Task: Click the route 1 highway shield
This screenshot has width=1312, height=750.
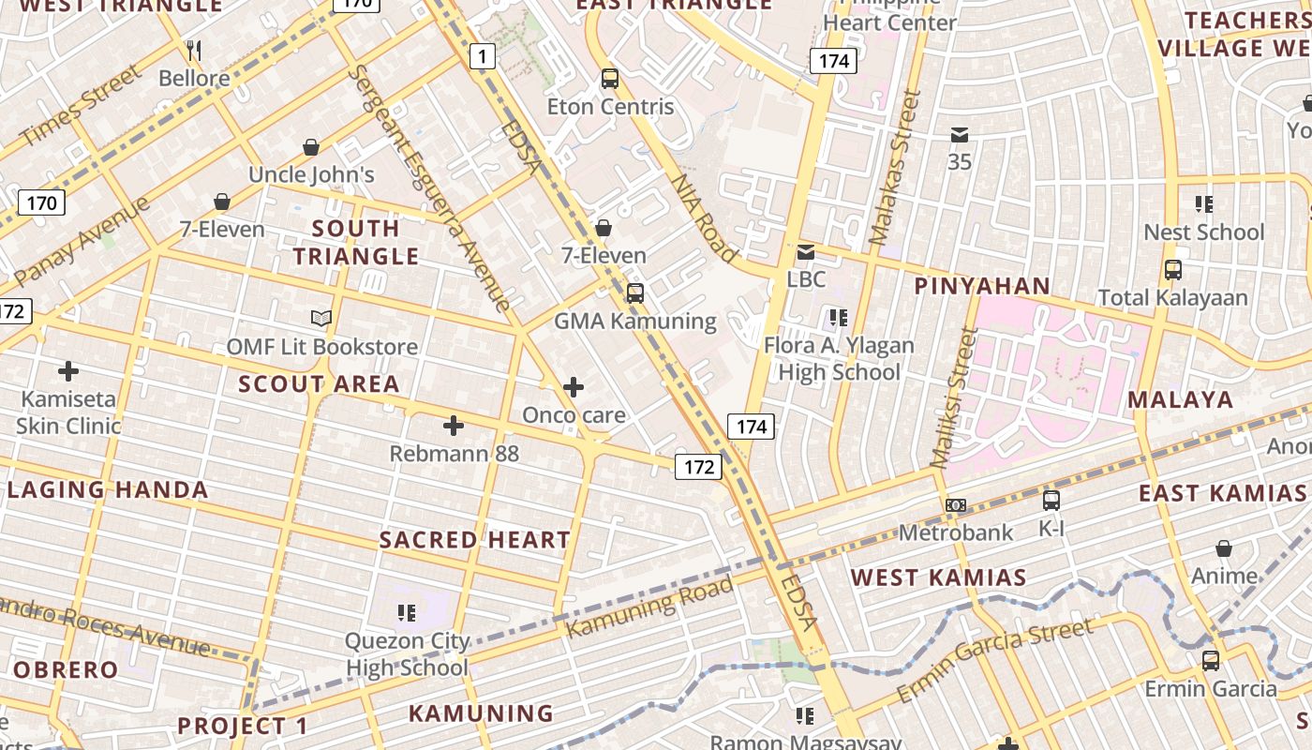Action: [x=482, y=57]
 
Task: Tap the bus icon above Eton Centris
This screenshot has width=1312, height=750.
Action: [x=610, y=79]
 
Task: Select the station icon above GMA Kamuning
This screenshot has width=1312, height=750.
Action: [x=634, y=292]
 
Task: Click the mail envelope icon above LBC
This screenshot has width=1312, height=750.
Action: [x=805, y=252]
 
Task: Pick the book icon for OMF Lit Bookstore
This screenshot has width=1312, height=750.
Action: [x=321, y=319]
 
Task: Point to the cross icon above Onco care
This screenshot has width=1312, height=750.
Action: [x=574, y=386]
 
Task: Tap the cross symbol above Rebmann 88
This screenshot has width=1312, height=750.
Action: [x=454, y=427]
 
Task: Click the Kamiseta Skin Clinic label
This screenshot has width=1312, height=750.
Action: [x=68, y=412]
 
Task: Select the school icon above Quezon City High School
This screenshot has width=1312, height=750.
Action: [x=406, y=613]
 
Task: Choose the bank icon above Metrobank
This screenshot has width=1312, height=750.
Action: [x=955, y=505]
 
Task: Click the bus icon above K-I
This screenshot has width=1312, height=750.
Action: [x=1051, y=501]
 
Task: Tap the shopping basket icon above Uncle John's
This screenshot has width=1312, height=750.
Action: [x=311, y=147]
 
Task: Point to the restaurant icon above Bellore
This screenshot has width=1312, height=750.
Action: [x=194, y=50]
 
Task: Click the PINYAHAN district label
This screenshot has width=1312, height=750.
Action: [x=982, y=286]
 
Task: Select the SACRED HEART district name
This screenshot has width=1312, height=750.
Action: [x=475, y=540]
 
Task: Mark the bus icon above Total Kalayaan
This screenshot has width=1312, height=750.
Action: [x=1172, y=270]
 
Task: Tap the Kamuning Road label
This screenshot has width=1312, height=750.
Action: [x=650, y=607]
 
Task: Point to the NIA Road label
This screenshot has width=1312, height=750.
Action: [x=704, y=217]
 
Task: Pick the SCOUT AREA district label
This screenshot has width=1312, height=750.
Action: [x=320, y=383]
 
